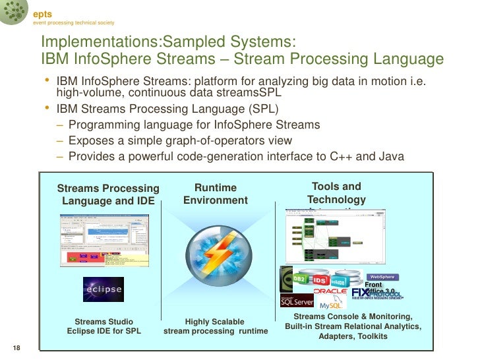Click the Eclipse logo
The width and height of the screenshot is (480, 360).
pos(103,289)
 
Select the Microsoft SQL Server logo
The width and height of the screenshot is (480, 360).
pos(297,301)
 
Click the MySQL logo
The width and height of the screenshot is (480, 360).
pos(334,305)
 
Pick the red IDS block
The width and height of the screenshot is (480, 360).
pos(319,280)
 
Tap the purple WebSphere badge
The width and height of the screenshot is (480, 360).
pos(382,277)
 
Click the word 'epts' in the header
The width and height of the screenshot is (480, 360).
pos(43,15)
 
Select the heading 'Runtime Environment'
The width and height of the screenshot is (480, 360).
pos(215,194)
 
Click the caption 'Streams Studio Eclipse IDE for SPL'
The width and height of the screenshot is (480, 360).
pos(104,326)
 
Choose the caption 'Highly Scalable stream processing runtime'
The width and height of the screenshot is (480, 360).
pos(215,326)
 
